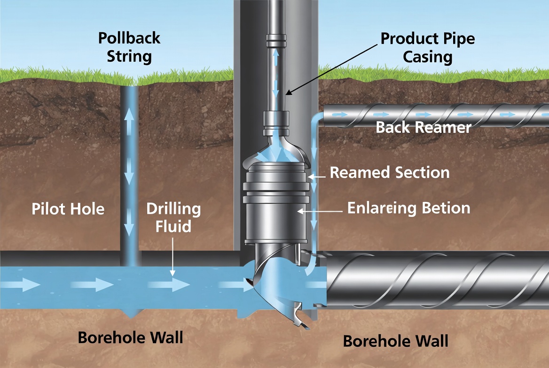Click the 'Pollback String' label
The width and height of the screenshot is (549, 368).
pyautogui.click(x=129, y=47)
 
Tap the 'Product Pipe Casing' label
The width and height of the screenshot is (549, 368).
pyautogui.click(x=427, y=47)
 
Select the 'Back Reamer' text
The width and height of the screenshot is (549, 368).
pyautogui.click(x=424, y=127)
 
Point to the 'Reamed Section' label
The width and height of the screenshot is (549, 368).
pyautogui.click(x=390, y=172)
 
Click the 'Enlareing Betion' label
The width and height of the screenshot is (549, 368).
pyautogui.click(x=408, y=207)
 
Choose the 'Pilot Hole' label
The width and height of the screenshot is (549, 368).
pyautogui.click(x=68, y=208)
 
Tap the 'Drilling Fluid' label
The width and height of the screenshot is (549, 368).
pyautogui.click(x=173, y=217)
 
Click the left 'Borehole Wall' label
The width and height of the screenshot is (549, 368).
pyautogui.click(x=130, y=337)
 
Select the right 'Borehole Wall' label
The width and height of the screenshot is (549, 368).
pyautogui.click(x=395, y=340)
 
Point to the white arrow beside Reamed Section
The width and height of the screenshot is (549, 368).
pyautogui.click(x=318, y=176)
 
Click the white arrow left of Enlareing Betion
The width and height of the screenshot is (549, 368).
pyautogui.click(x=320, y=211)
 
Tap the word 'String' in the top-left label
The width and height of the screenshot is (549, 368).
pyautogui.click(x=129, y=57)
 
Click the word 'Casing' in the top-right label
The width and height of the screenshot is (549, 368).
pyautogui.click(x=427, y=57)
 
